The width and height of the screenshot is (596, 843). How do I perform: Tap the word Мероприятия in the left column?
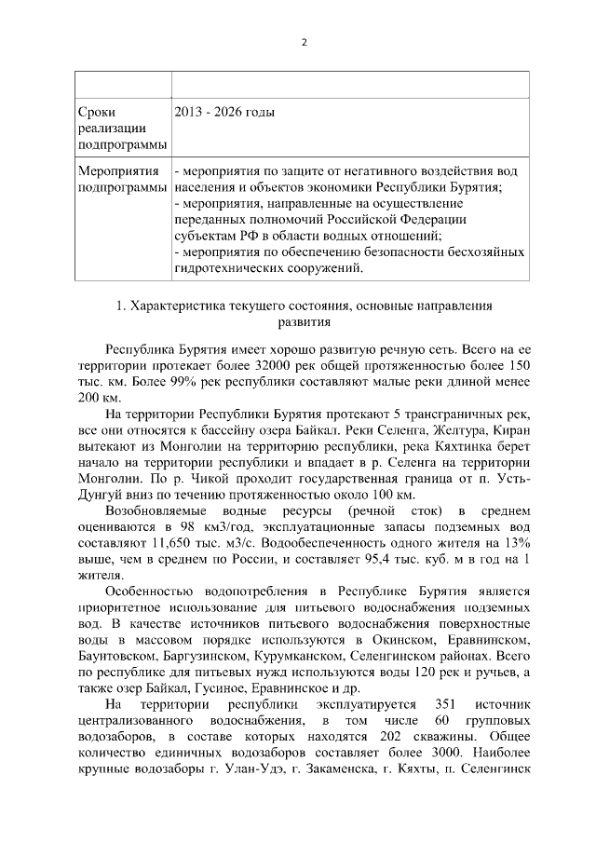point(119,173)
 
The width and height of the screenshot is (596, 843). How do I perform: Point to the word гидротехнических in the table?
point(229,268)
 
